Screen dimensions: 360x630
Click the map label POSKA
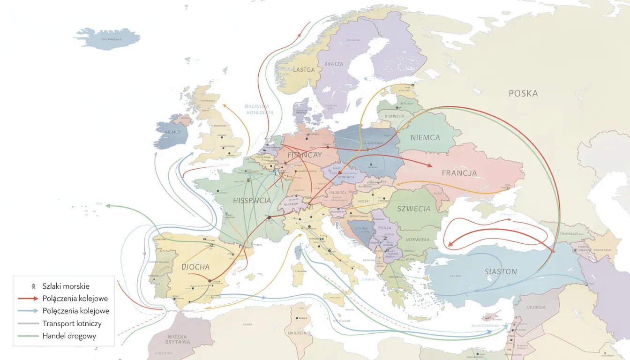click(x=523, y=93)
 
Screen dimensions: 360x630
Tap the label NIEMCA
click(x=425, y=137)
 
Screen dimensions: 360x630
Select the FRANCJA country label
click(x=459, y=172)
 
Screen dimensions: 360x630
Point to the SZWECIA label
click(x=413, y=209)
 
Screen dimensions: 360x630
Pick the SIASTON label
click(x=501, y=271)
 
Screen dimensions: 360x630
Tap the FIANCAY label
click(x=305, y=155)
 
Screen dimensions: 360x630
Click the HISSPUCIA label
click(x=252, y=200)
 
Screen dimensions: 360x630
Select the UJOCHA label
click(x=195, y=267)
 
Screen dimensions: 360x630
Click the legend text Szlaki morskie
click(x=66, y=286)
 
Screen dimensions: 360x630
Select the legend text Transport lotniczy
click(x=72, y=323)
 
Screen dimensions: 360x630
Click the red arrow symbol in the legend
click(x=29, y=299)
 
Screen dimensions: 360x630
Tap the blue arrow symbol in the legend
click(x=29, y=311)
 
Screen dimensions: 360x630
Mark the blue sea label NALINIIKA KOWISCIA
click(x=259, y=109)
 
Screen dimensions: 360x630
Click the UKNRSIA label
click(x=535, y=307)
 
